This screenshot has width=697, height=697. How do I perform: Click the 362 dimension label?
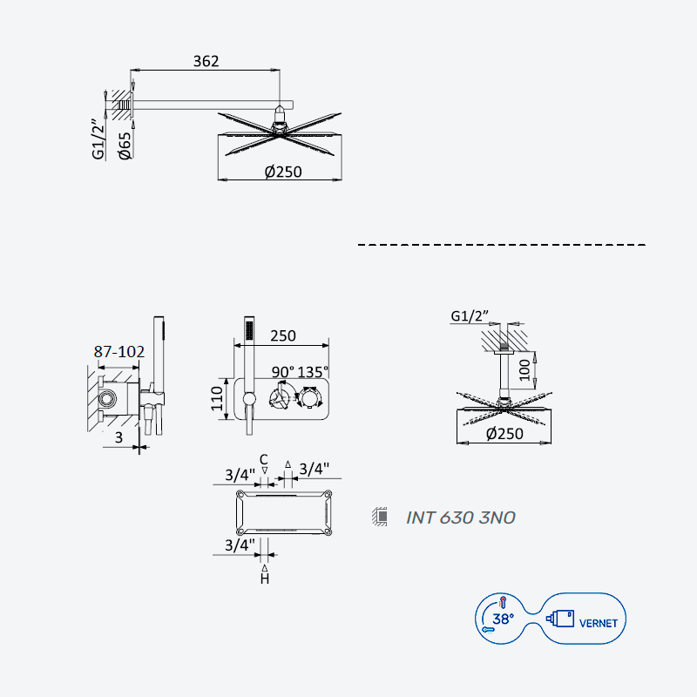[206, 61]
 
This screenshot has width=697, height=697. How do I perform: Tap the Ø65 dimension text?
[125, 145]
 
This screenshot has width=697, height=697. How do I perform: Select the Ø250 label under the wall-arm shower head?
[283, 172]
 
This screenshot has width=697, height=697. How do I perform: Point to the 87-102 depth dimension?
[119, 352]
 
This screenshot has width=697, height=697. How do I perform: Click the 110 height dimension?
[216, 398]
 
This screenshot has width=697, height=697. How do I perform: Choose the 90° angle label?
[283, 372]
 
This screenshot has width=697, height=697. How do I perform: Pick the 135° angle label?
[313, 372]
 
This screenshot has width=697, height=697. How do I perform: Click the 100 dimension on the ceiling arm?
[525, 369]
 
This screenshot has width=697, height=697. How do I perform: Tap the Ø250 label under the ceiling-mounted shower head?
[504, 433]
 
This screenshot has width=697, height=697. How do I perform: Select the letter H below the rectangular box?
[265, 579]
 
